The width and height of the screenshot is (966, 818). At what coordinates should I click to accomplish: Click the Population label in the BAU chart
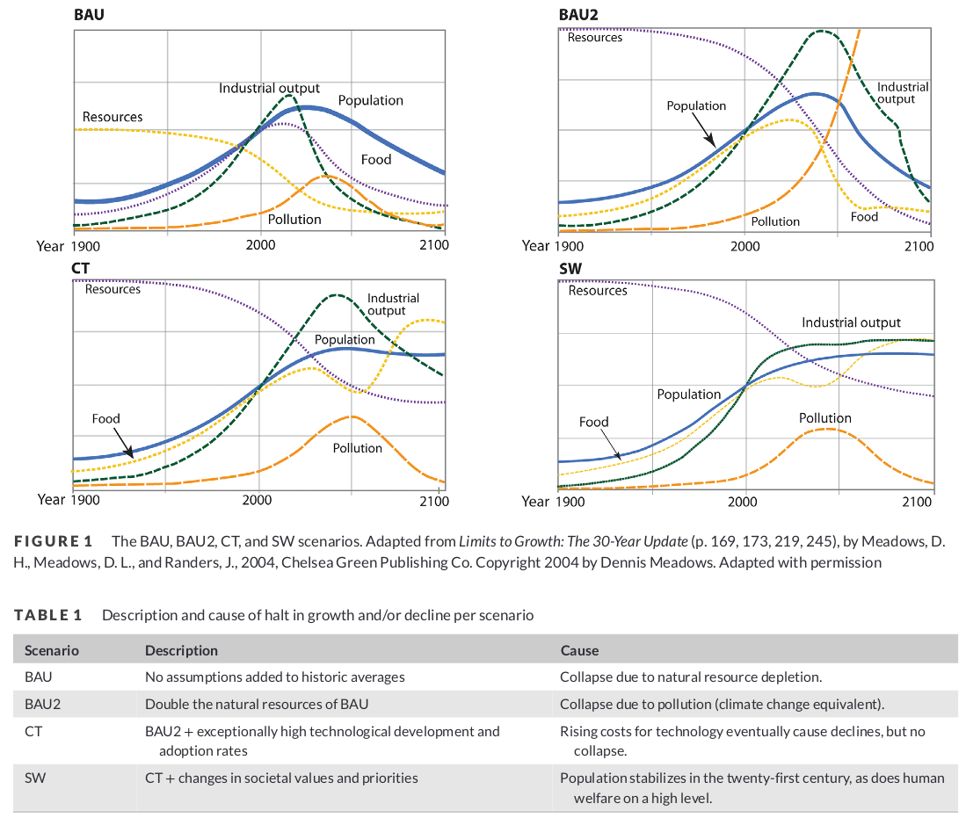click(x=370, y=100)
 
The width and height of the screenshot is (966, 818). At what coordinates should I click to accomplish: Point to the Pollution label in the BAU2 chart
click(x=774, y=221)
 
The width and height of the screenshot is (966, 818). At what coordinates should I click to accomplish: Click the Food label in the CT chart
click(x=105, y=419)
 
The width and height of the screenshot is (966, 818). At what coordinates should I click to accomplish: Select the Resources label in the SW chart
click(x=598, y=290)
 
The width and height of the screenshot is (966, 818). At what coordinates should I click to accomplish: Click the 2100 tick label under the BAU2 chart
click(x=919, y=246)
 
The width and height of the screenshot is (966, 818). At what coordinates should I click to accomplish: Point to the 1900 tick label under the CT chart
click(x=84, y=500)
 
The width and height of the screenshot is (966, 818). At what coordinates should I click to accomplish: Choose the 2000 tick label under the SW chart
click(x=743, y=501)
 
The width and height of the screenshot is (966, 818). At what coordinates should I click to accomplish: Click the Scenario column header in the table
click(x=52, y=651)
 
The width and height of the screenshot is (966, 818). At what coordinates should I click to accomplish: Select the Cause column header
click(x=579, y=651)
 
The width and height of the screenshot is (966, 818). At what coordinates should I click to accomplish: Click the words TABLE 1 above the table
click(x=48, y=615)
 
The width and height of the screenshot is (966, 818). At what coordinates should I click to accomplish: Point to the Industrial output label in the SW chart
click(x=850, y=322)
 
